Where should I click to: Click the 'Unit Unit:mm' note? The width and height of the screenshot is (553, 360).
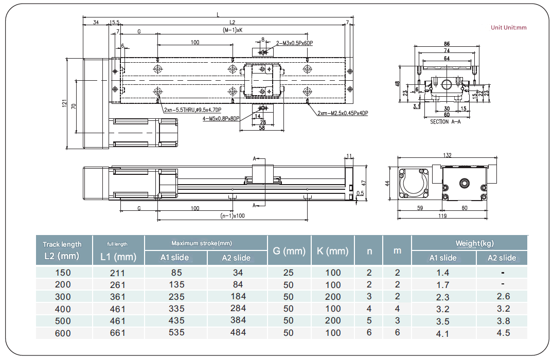point(508,27)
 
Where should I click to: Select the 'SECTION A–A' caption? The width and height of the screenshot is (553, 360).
point(445,122)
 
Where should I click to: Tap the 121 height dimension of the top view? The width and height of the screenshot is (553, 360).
point(65,103)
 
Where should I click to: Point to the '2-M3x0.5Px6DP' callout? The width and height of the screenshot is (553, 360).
point(294,43)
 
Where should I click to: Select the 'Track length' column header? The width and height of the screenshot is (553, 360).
point(62,244)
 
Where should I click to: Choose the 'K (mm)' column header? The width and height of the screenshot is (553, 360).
point(332,251)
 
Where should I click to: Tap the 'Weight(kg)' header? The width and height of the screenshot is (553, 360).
point(474,243)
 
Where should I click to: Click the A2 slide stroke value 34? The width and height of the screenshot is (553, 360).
point(238,273)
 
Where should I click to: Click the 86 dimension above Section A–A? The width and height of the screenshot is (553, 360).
point(447,44)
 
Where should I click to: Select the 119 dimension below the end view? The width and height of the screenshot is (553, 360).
point(442,217)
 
